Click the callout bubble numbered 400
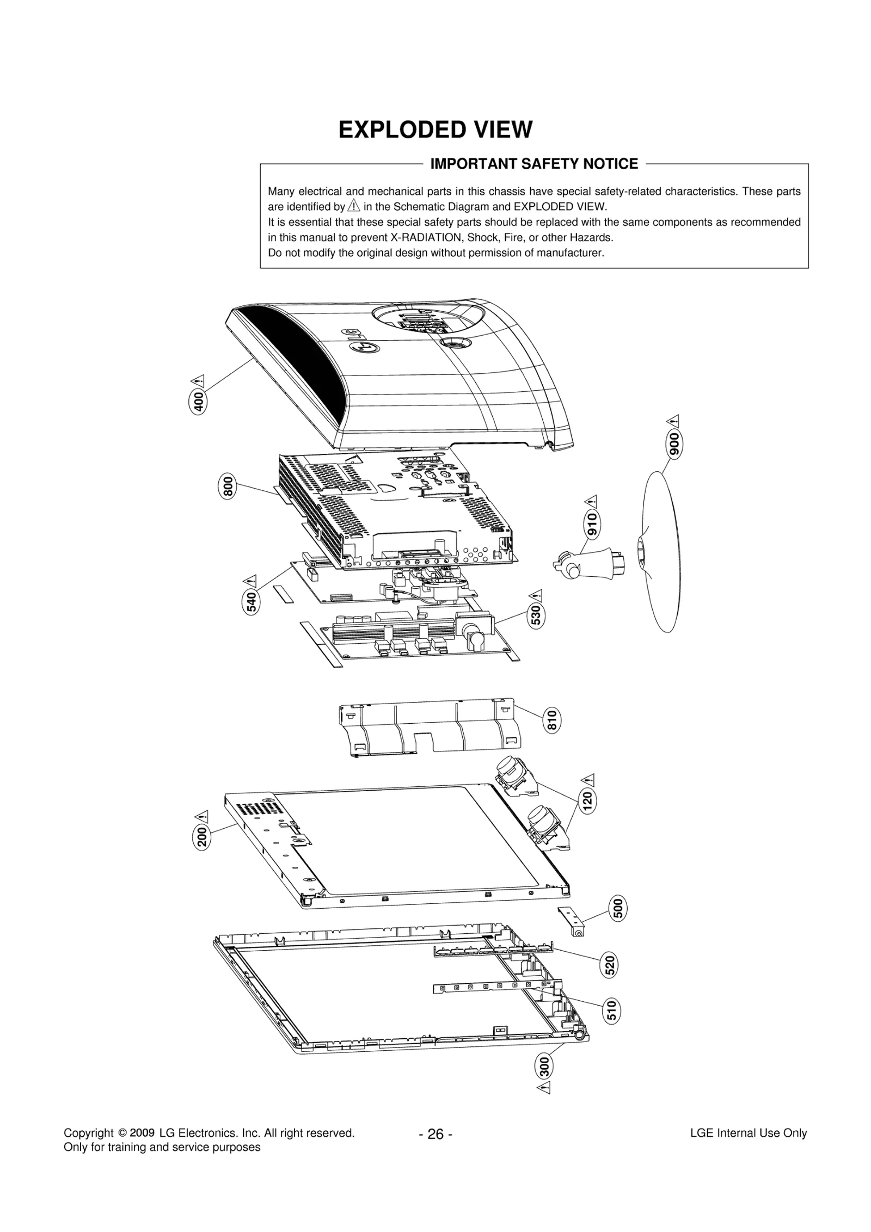click(x=199, y=402)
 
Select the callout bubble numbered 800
click(x=228, y=486)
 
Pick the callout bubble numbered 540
click(x=251, y=602)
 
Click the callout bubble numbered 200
click(x=201, y=836)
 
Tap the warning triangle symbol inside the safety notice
click(x=354, y=206)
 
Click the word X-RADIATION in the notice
click(x=423, y=238)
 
